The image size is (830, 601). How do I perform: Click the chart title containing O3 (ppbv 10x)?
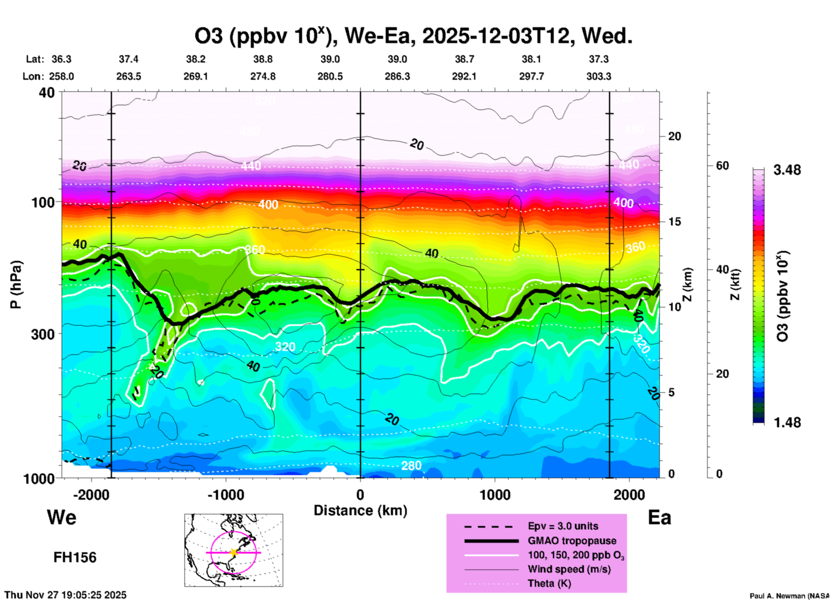[413, 36]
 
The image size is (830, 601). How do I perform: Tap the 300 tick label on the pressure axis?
[43, 334]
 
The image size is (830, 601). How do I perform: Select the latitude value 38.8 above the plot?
[263, 59]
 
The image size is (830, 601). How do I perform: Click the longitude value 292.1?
[464, 76]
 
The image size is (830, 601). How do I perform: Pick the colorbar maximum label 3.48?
[787, 170]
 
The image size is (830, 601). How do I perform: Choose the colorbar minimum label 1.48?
[787, 423]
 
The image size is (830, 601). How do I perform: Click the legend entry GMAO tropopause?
[572, 541]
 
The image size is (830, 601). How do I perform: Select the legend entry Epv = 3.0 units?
[563, 526]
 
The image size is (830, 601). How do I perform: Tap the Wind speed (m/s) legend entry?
[569, 570]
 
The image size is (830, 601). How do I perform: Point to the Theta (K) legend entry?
[549, 584]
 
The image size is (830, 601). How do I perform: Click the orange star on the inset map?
[234, 552]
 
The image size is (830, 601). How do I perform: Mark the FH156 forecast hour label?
[75, 557]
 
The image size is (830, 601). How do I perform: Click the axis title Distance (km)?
[360, 510]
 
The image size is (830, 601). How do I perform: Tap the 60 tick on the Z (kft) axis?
[722, 166]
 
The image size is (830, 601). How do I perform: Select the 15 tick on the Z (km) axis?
[674, 222]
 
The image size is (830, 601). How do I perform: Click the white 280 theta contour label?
[411, 466]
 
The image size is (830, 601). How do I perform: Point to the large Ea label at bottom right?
[659, 518]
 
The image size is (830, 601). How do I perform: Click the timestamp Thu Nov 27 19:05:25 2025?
[66, 595]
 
